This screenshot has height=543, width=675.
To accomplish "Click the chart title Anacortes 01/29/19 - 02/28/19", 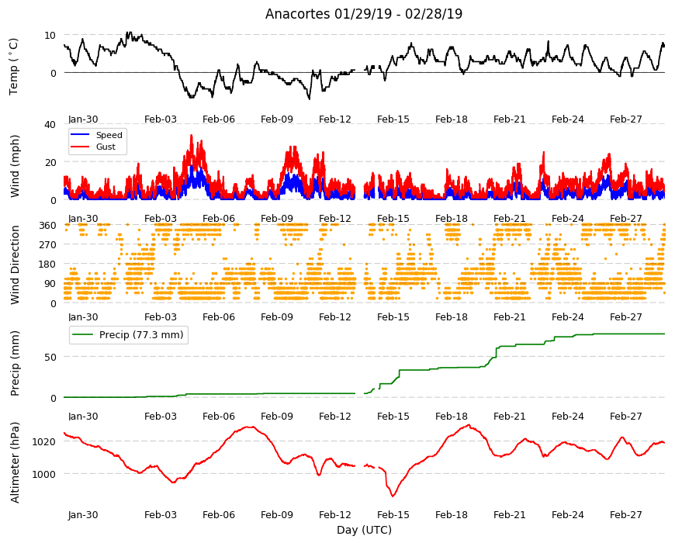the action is coord(364,14).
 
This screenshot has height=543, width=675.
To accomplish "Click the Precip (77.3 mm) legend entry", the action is coord(128,335).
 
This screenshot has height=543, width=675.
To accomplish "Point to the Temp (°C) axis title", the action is coord(14,67).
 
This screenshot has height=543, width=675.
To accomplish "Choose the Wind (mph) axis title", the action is coord(15,166).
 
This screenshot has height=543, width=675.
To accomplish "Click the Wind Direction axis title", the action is coord(15,265).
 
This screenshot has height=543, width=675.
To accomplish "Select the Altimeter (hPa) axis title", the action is coord(15,462).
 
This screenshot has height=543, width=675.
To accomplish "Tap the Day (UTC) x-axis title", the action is coord(364,530).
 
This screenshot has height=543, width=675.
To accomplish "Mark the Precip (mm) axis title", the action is coord(15,364).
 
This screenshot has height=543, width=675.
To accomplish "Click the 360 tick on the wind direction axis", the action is coord(47,226).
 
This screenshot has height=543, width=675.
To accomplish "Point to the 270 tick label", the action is coord(47,245).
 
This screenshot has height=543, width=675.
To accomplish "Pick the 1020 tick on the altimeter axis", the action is coord(44,441).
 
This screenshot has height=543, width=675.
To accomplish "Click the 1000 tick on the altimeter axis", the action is coord(44,474).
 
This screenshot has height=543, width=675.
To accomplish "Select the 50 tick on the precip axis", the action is coord(50,357).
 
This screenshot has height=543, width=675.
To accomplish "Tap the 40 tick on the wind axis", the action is coord(50,124).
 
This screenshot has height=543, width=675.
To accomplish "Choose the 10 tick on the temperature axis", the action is coord(50,35).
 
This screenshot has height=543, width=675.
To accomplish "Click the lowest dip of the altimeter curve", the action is coord(393,496).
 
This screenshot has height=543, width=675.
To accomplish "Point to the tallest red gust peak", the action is coord(192,135).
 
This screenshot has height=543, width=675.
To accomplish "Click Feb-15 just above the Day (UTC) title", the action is coord(393,514).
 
